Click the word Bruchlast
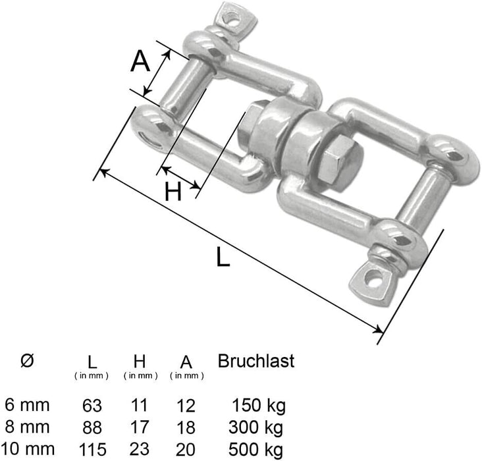[x=255, y=361]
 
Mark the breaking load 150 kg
[x=258, y=404]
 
